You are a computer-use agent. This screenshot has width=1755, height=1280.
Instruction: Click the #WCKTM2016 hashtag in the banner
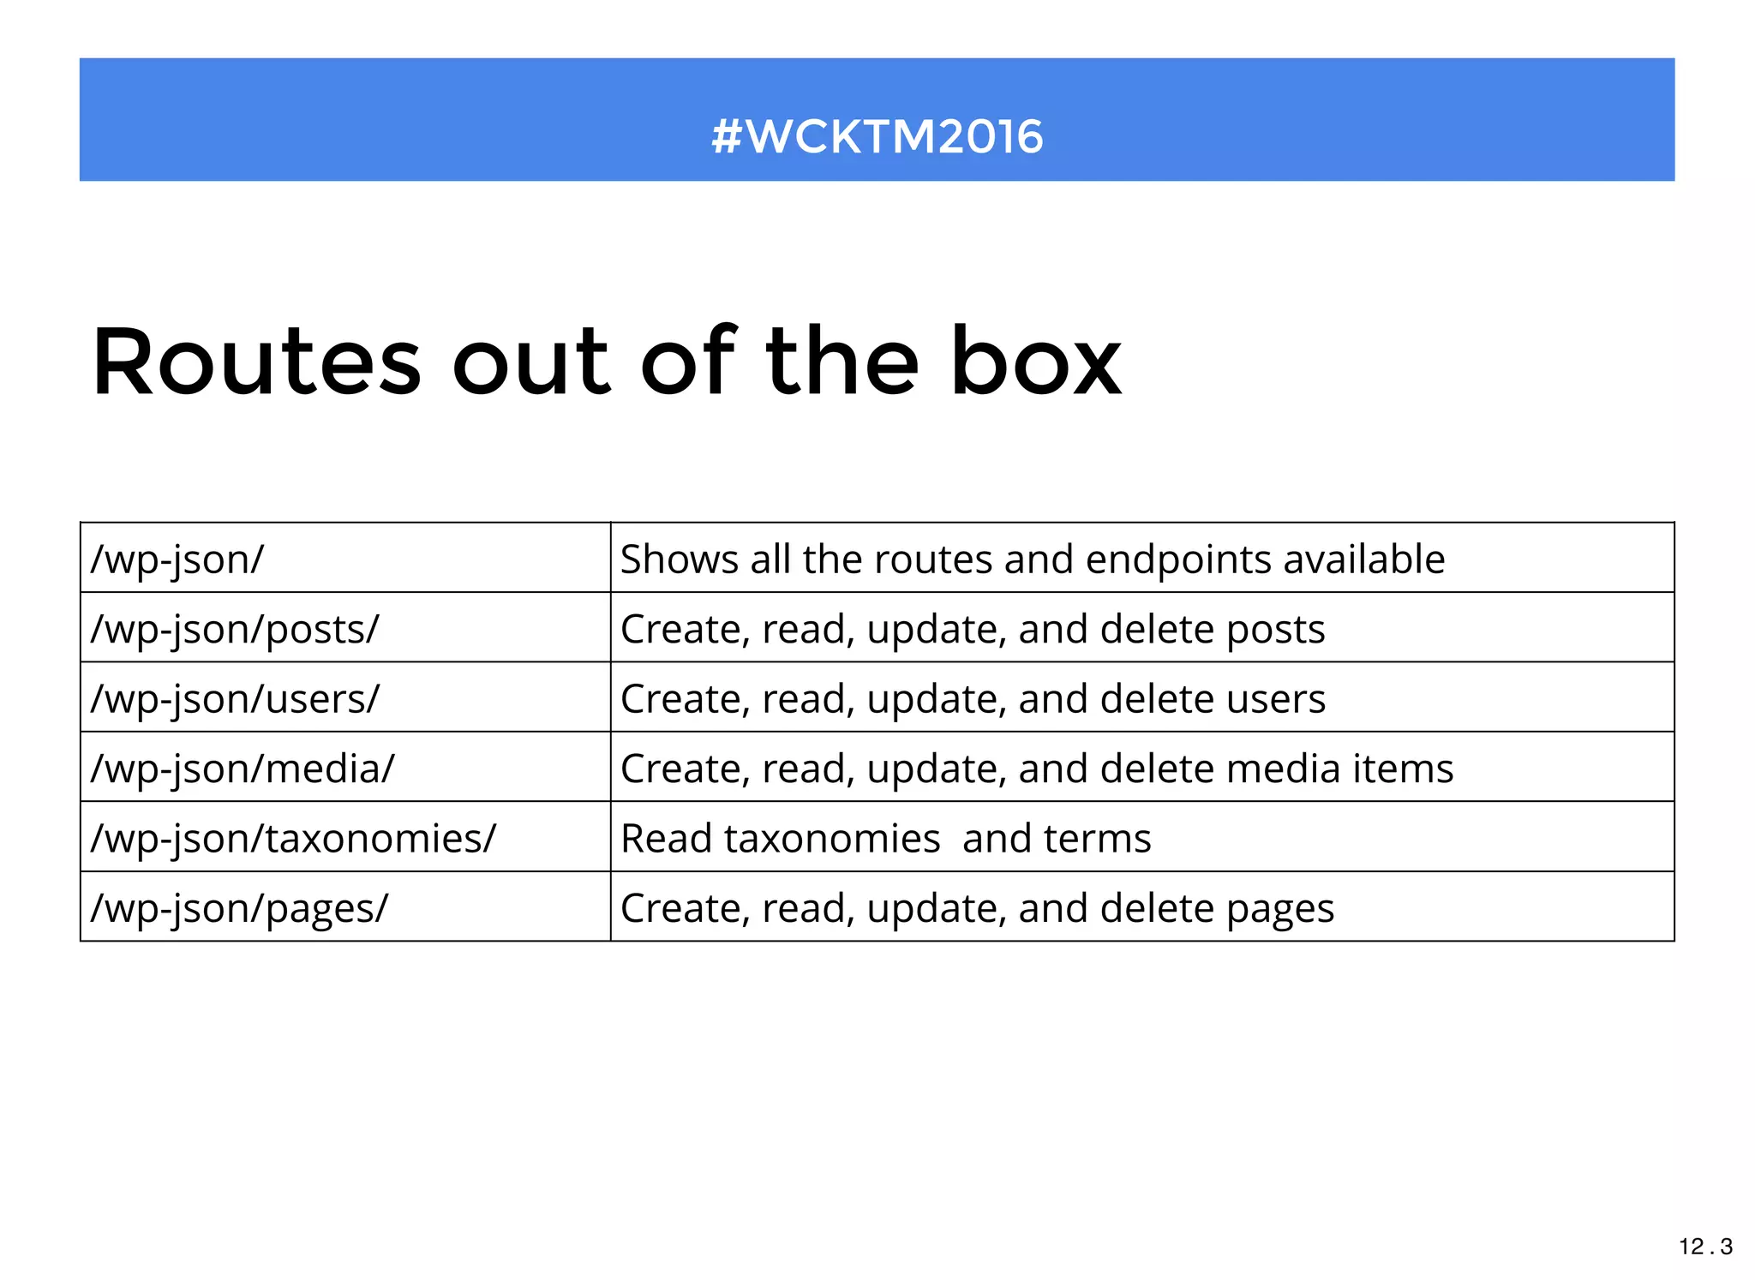click(877, 136)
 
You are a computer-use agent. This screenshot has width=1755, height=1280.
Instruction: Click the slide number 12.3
click(1705, 1247)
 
